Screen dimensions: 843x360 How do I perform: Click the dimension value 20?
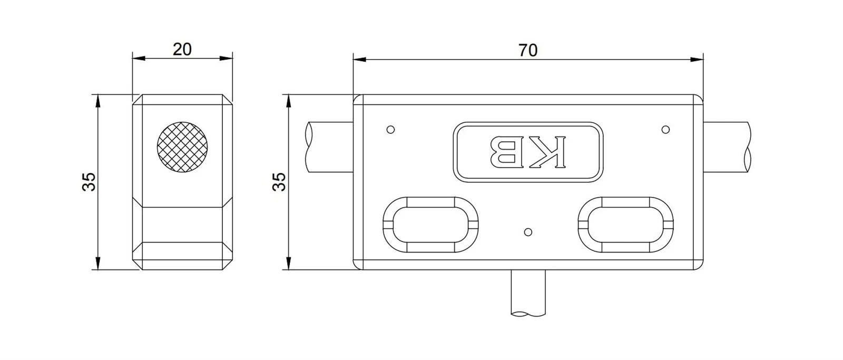[182, 50]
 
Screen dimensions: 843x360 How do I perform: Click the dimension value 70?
[528, 50]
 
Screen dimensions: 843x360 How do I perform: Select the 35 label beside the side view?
[89, 182]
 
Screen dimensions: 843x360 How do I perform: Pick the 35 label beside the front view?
[279, 182]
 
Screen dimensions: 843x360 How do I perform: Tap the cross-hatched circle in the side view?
[182, 147]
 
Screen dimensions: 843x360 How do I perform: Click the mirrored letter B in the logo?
[504, 152]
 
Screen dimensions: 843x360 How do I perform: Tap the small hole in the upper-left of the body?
[390, 130]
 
